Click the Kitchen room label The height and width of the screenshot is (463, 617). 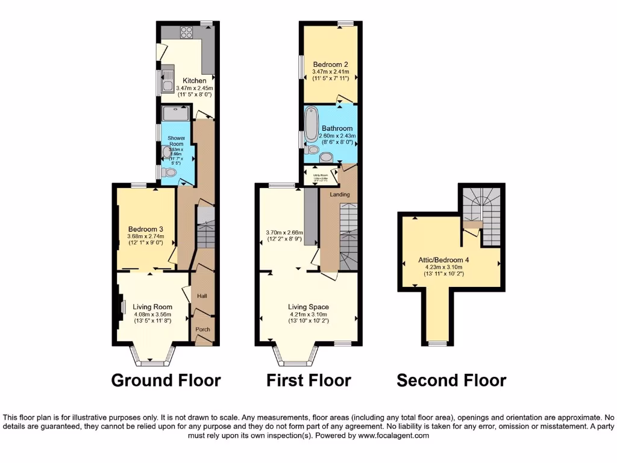pyautogui.click(x=195, y=81)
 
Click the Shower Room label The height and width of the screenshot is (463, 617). pyautogui.click(x=176, y=142)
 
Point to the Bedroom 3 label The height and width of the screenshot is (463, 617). pyautogui.click(x=146, y=228)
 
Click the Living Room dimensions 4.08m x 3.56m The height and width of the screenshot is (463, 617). pyautogui.click(x=152, y=313)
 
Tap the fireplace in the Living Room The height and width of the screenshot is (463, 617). pyautogui.click(x=121, y=307)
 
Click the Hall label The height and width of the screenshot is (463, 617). pyautogui.click(x=202, y=296)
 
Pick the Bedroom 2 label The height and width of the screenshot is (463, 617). pyautogui.click(x=330, y=65)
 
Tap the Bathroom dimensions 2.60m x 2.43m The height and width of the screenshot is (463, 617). pyautogui.click(x=337, y=136)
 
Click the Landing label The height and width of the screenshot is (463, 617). pyautogui.click(x=339, y=194)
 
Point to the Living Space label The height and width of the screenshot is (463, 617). pyautogui.click(x=308, y=307)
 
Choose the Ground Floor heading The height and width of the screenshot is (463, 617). pyautogui.click(x=166, y=380)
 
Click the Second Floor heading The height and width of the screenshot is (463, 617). pyautogui.click(x=451, y=380)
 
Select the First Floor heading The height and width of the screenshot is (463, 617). pyautogui.click(x=309, y=380)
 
